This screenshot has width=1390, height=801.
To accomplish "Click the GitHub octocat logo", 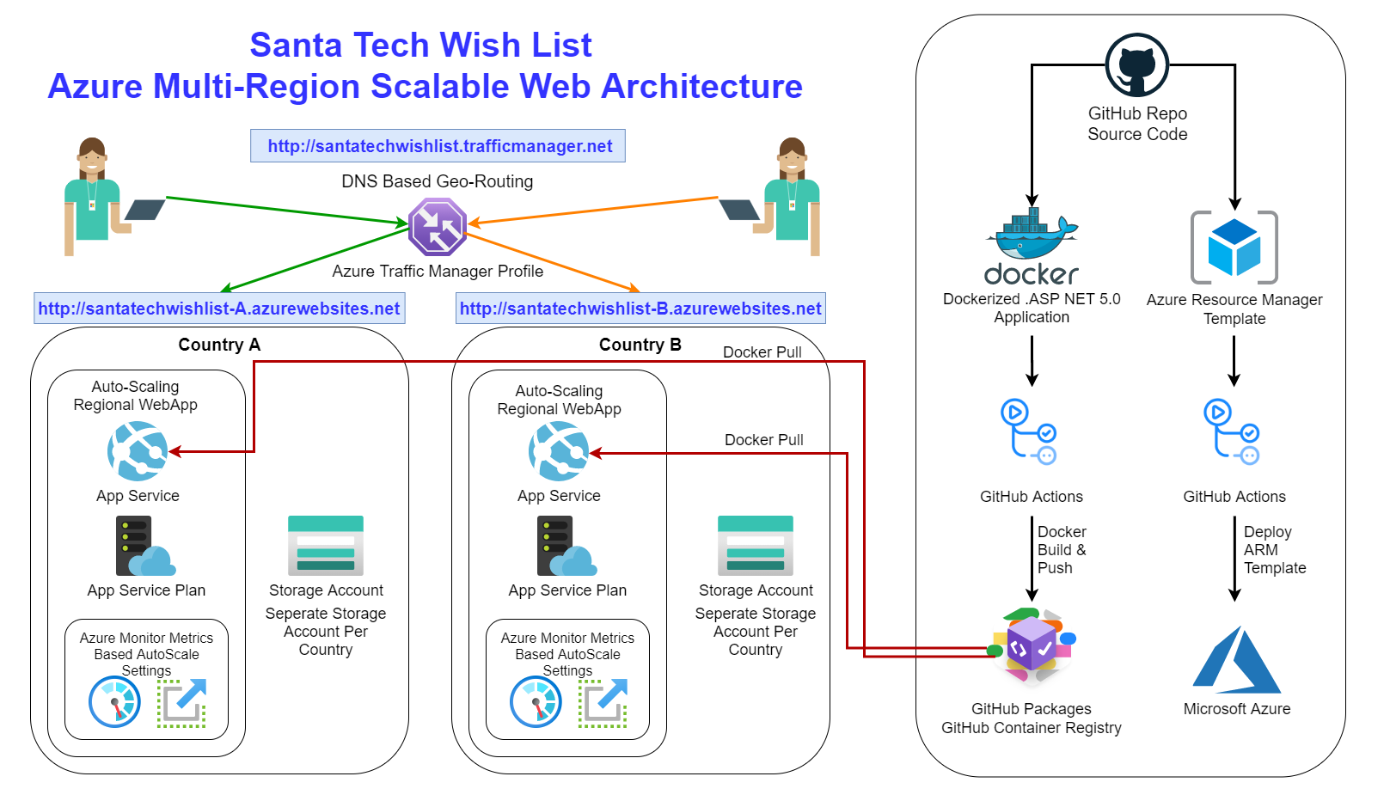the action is [1136, 65].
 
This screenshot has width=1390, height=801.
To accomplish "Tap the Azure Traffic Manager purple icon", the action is [438, 227].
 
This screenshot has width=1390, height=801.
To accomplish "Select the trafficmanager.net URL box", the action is [438, 146].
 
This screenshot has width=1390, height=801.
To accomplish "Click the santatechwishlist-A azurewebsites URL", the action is [219, 309].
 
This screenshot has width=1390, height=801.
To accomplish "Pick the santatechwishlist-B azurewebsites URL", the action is [640, 309].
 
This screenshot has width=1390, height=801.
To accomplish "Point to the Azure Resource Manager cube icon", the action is [1234, 247].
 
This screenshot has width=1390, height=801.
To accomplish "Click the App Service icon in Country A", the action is [138, 451].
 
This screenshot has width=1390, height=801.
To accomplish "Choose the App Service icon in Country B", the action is [559, 451].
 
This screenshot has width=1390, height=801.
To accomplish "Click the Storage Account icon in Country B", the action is [756, 546].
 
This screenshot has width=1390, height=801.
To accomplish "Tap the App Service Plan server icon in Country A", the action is [145, 546].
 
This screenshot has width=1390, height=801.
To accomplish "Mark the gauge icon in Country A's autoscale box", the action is [114, 701].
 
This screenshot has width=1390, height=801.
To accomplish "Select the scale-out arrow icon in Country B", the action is [603, 703].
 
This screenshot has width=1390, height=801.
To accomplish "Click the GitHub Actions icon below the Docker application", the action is [1028, 431].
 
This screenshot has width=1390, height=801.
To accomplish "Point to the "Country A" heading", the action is [219, 345].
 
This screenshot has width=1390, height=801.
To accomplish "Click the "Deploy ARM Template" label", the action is [1275, 550].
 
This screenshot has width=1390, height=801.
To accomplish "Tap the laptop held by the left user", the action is [145, 209].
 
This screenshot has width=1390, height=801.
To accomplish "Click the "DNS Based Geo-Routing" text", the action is [438, 181].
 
